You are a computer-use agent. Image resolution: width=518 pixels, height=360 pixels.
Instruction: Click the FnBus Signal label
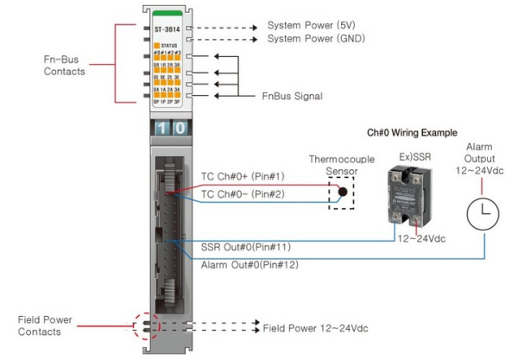(x=292, y=96)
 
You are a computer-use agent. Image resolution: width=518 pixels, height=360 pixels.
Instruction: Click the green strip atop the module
(x=166, y=14)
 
